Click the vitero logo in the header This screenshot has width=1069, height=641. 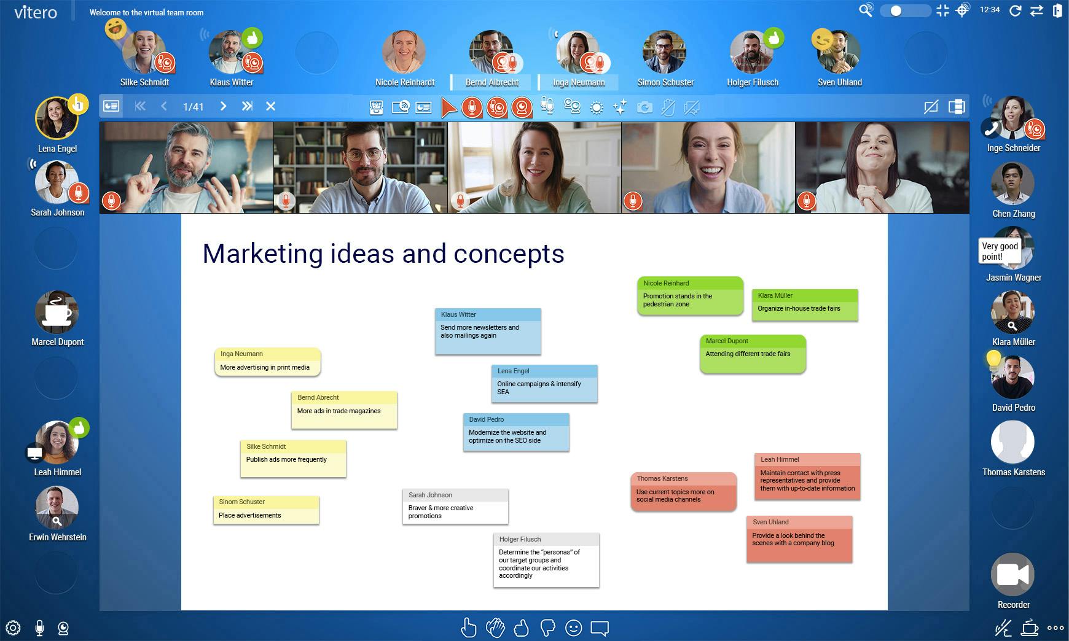coord(36,12)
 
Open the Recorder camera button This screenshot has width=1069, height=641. coord(1012,575)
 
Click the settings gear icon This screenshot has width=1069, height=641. coord(13,628)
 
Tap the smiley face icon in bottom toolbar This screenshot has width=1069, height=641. coord(573,628)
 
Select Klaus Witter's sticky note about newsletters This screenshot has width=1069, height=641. coord(488,332)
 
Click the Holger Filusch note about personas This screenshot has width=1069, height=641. coord(546,560)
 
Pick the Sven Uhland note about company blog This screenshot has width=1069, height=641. coord(799,539)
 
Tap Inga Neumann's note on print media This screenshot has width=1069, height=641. coord(267,362)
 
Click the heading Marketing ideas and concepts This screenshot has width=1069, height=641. coord(383,254)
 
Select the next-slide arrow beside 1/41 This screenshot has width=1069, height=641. coord(224,106)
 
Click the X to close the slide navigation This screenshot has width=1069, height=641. coord(270,106)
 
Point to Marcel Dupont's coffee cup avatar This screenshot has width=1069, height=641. coord(57,312)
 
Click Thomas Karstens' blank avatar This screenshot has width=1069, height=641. coord(1012,442)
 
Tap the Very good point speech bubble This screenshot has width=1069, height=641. coord(999,251)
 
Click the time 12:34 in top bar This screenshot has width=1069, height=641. coord(990,10)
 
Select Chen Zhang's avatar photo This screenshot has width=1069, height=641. coord(1012,184)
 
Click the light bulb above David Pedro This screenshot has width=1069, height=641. coord(993,359)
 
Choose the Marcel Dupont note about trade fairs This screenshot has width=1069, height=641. coord(753,354)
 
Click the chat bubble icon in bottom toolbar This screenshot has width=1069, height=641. coord(600,628)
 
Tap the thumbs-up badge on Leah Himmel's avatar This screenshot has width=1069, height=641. coord(79,427)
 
